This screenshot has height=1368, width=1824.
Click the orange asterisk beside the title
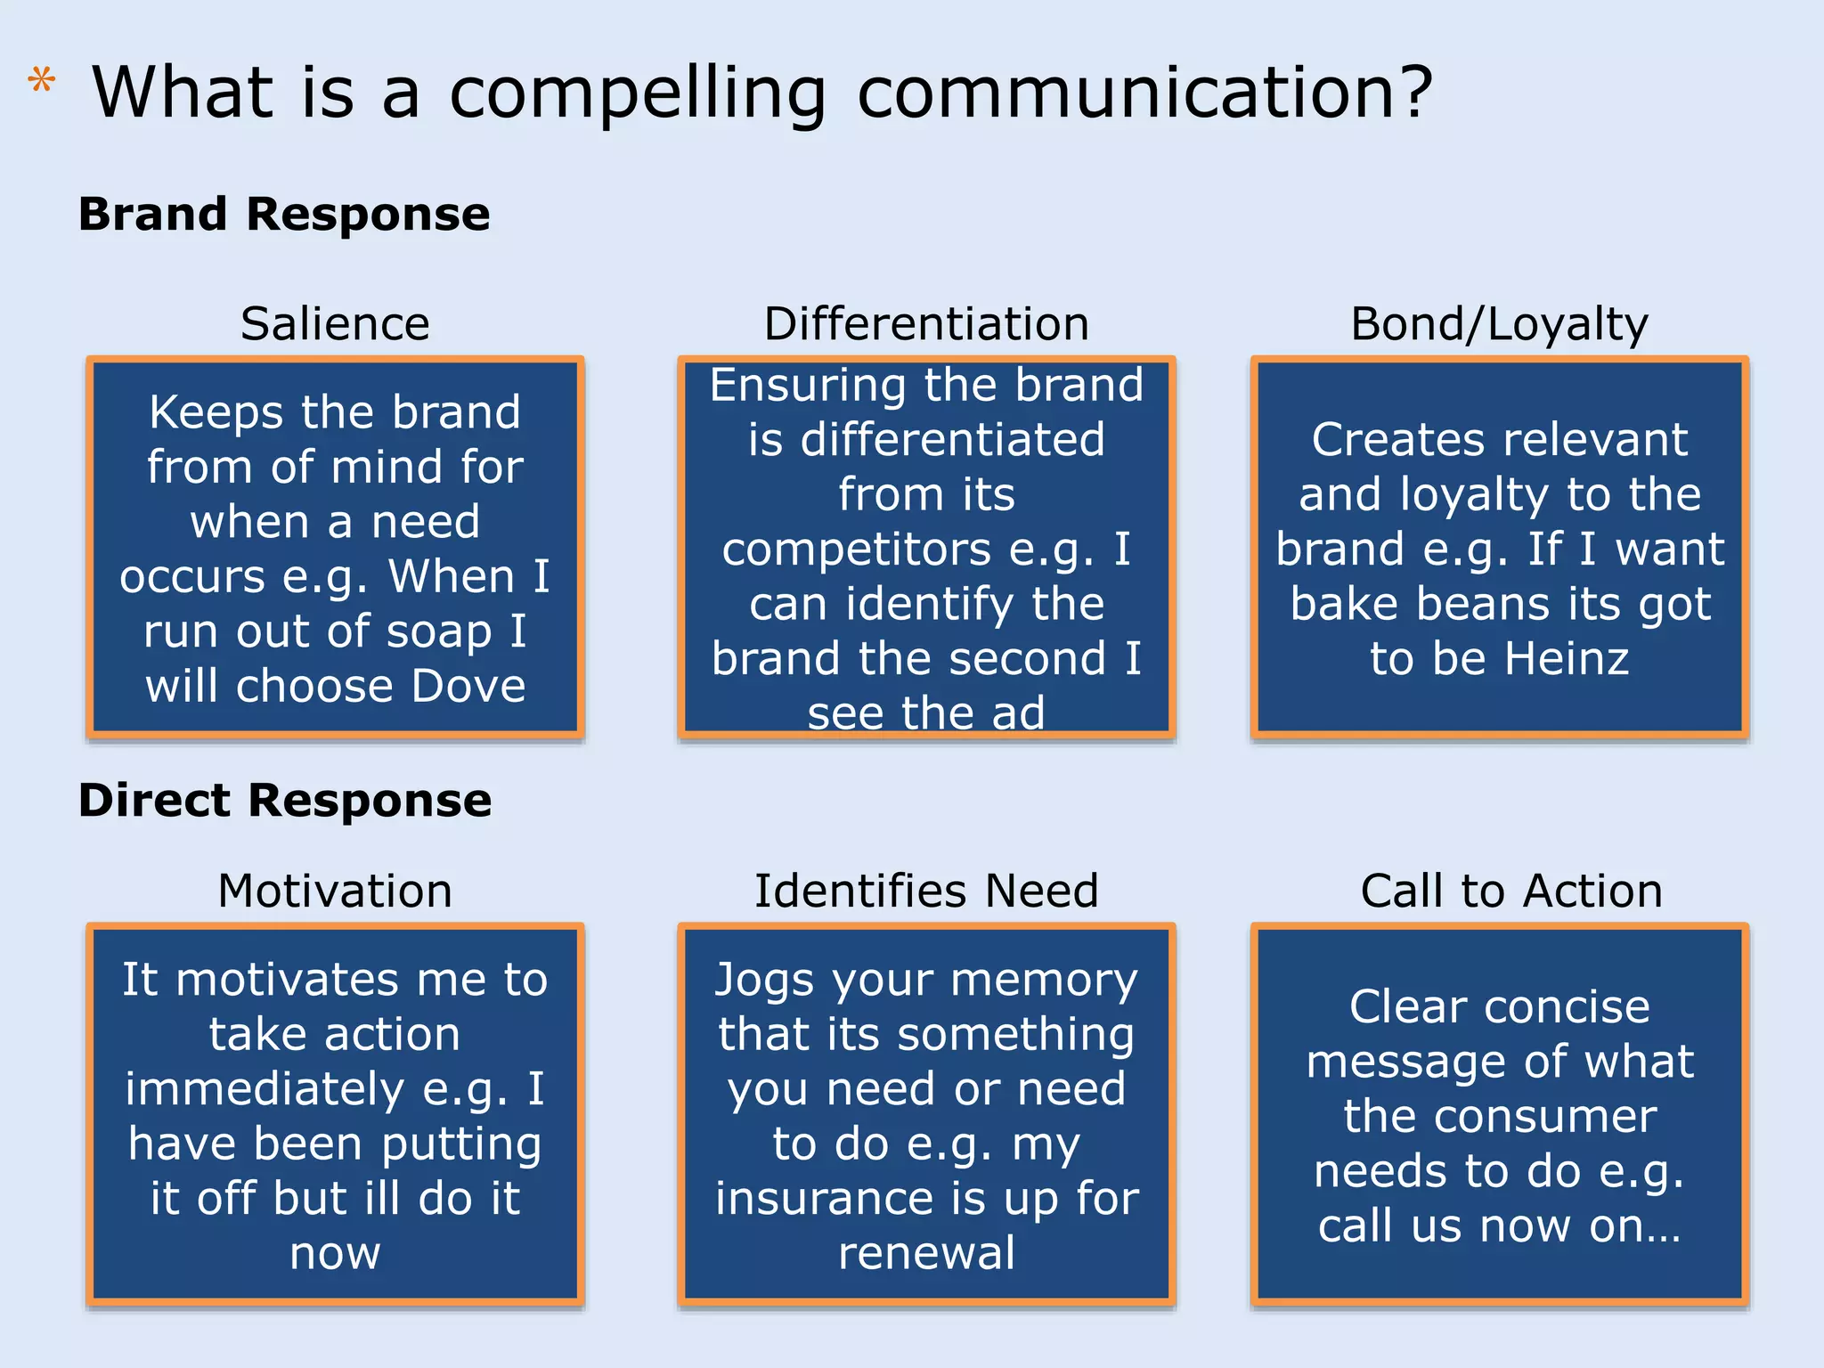pos(41,82)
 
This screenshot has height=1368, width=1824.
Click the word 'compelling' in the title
pos(638,94)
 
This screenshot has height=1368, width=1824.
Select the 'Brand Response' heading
pos(284,214)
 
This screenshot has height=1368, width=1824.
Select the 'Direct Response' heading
pos(285,799)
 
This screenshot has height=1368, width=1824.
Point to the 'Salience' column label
pos(335,323)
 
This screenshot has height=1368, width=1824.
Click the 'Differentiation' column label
pos(926,323)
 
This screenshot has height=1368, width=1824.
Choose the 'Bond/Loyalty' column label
pos(1499,323)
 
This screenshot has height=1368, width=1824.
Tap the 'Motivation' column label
pos(335,891)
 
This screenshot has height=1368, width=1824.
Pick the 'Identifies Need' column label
pos(926,891)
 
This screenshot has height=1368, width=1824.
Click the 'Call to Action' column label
pos(1511,891)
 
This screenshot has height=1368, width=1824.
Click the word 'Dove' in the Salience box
pos(468,686)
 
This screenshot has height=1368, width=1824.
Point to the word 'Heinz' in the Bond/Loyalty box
pos(1567,659)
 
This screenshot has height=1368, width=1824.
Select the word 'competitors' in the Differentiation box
pos(856,550)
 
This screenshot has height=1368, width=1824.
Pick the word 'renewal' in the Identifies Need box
pos(926,1253)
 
